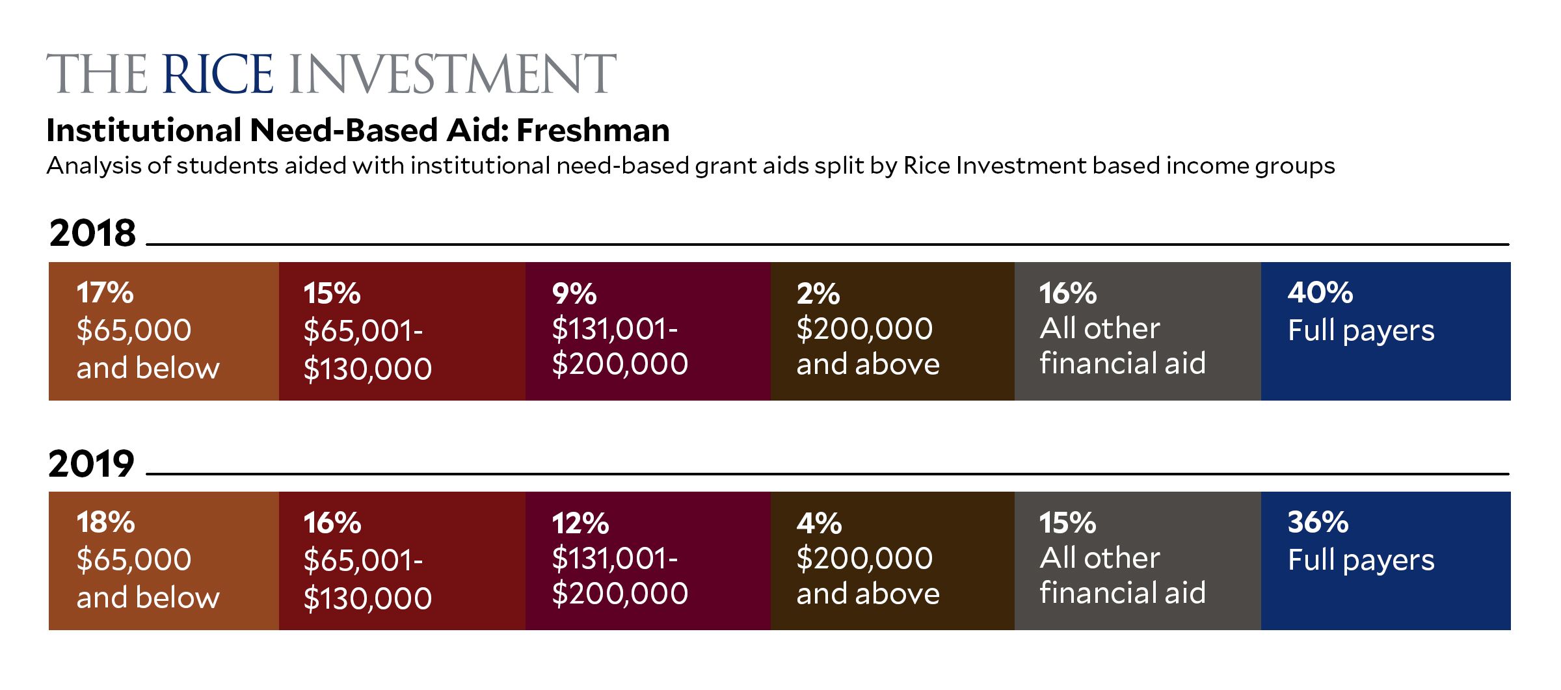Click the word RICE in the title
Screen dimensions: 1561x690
point(218,73)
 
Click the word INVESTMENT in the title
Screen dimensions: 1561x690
point(451,73)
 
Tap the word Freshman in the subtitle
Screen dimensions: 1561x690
point(593,130)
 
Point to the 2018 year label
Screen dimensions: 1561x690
point(92,233)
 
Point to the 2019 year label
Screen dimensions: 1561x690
point(92,464)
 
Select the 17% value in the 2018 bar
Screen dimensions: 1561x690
point(105,293)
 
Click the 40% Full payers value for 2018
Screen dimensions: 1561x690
point(1320,293)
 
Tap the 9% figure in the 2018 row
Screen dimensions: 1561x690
point(574,294)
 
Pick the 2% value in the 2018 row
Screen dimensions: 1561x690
point(818,294)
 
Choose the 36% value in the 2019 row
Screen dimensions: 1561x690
point(1318,522)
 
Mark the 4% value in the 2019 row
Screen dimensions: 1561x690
point(820,524)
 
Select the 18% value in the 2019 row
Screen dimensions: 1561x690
point(105,522)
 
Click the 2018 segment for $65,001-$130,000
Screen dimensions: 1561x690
point(403,331)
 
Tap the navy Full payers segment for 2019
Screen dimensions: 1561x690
point(1386,561)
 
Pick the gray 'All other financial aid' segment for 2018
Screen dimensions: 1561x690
point(1138,331)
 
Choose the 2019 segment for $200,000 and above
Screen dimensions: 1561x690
point(893,561)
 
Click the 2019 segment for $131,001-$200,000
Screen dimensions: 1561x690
point(648,561)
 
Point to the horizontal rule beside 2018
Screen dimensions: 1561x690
point(828,245)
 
